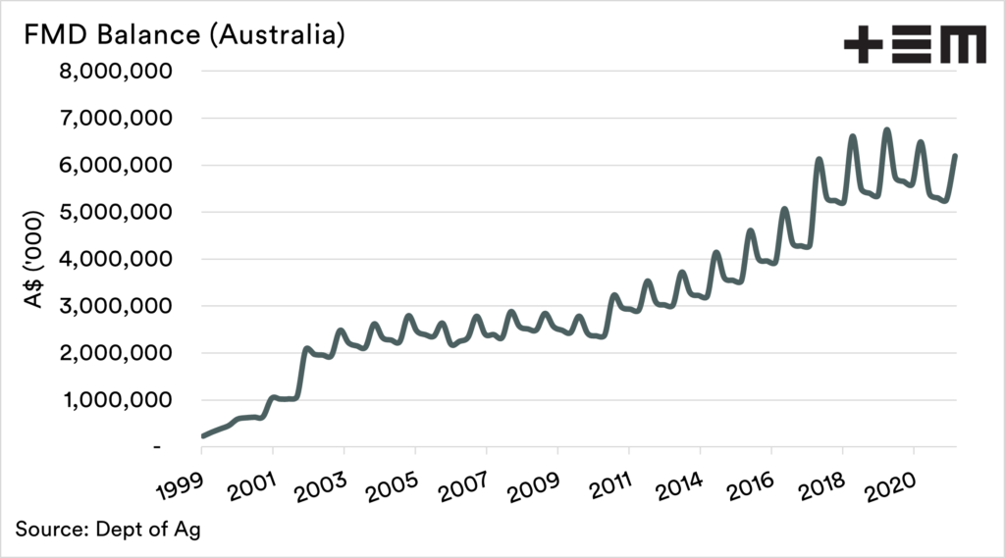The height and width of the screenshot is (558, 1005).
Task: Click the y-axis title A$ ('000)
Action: tap(35, 259)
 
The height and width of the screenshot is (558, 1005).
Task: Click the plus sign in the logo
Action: tap(864, 46)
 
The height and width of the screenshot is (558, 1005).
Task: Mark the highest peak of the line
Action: tap(886, 130)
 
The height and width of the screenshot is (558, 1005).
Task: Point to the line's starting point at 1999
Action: tap(202, 436)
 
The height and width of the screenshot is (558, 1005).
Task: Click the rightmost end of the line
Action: tap(956, 156)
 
